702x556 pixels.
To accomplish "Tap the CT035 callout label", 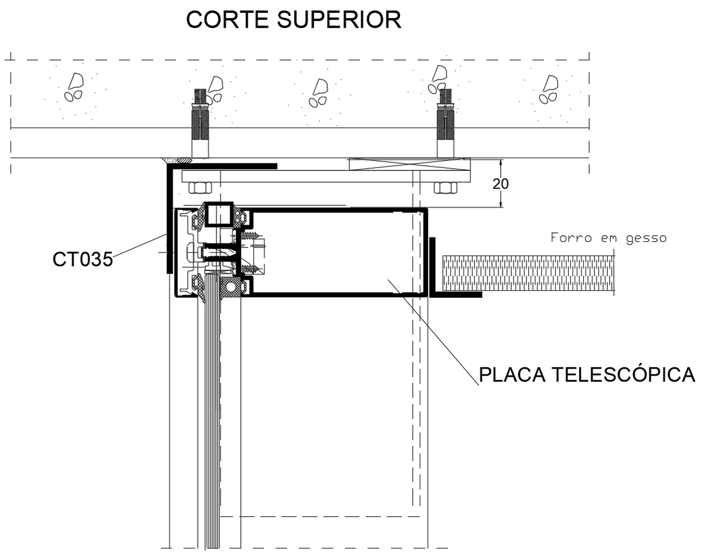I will coord(82,259).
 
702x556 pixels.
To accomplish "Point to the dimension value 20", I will coord(500,184).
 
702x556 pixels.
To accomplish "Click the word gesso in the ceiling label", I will coord(646,238).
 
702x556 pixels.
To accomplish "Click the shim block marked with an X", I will coord(409,164).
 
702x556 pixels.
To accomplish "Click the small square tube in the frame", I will coord(219,214).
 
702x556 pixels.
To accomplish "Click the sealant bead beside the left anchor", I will coord(177,159).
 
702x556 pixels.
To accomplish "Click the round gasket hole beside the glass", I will coord(233,288).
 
